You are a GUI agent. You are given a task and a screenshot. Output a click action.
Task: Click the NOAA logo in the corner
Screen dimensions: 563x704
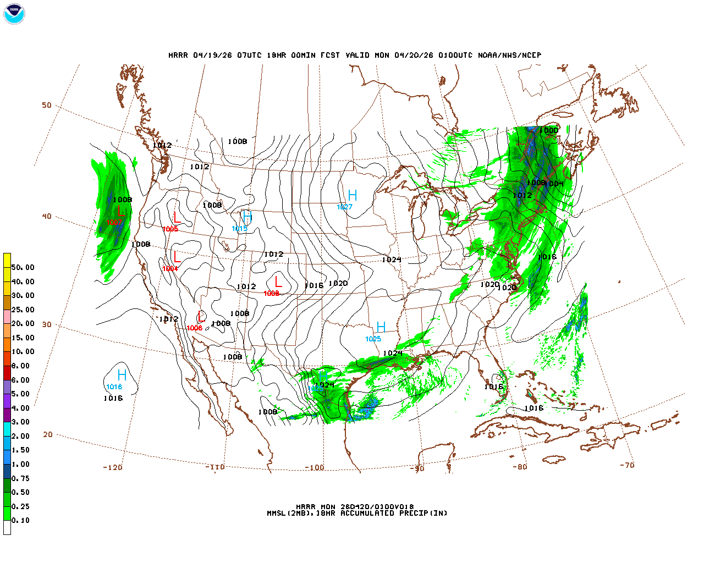pyautogui.click(x=14, y=14)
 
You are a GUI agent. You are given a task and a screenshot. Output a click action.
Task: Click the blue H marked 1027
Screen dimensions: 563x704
pyautogui.click(x=353, y=195)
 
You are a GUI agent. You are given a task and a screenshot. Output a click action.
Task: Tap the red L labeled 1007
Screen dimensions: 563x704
pyautogui.click(x=121, y=211)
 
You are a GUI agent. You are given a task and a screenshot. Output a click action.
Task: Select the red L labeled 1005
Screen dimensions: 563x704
pyautogui.click(x=177, y=218)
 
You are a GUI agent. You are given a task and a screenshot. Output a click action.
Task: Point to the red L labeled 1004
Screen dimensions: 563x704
pyautogui.click(x=177, y=257)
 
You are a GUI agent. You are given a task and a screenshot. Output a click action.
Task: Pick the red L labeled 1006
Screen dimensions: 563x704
pyautogui.click(x=201, y=317)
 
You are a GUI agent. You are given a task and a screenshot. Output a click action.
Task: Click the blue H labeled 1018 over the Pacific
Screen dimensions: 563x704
pyautogui.click(x=122, y=375)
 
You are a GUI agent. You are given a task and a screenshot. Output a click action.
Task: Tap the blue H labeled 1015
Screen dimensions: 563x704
pyautogui.click(x=247, y=217)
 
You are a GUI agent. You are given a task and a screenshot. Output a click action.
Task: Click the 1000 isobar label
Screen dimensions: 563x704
pyautogui.click(x=548, y=130)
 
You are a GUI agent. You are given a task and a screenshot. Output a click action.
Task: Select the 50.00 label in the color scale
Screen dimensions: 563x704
pyautogui.click(x=23, y=267)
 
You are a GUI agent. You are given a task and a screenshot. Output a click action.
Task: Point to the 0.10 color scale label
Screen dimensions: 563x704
pyautogui.click(x=21, y=520)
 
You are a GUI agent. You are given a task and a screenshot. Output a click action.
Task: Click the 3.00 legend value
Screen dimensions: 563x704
pyautogui.click(x=21, y=422)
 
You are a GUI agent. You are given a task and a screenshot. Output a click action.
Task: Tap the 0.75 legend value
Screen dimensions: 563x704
pyautogui.click(x=21, y=478)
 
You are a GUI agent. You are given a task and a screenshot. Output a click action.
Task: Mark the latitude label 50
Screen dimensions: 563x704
pyautogui.click(x=47, y=105)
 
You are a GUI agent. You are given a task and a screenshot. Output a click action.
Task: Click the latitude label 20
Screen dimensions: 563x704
pyautogui.click(x=48, y=434)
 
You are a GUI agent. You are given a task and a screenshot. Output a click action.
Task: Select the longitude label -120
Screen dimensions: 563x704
pyautogui.click(x=112, y=467)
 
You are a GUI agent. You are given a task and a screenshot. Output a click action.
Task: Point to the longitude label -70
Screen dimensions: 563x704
pyautogui.click(x=627, y=465)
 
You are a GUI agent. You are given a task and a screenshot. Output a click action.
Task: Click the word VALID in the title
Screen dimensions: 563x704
pyautogui.click(x=358, y=55)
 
